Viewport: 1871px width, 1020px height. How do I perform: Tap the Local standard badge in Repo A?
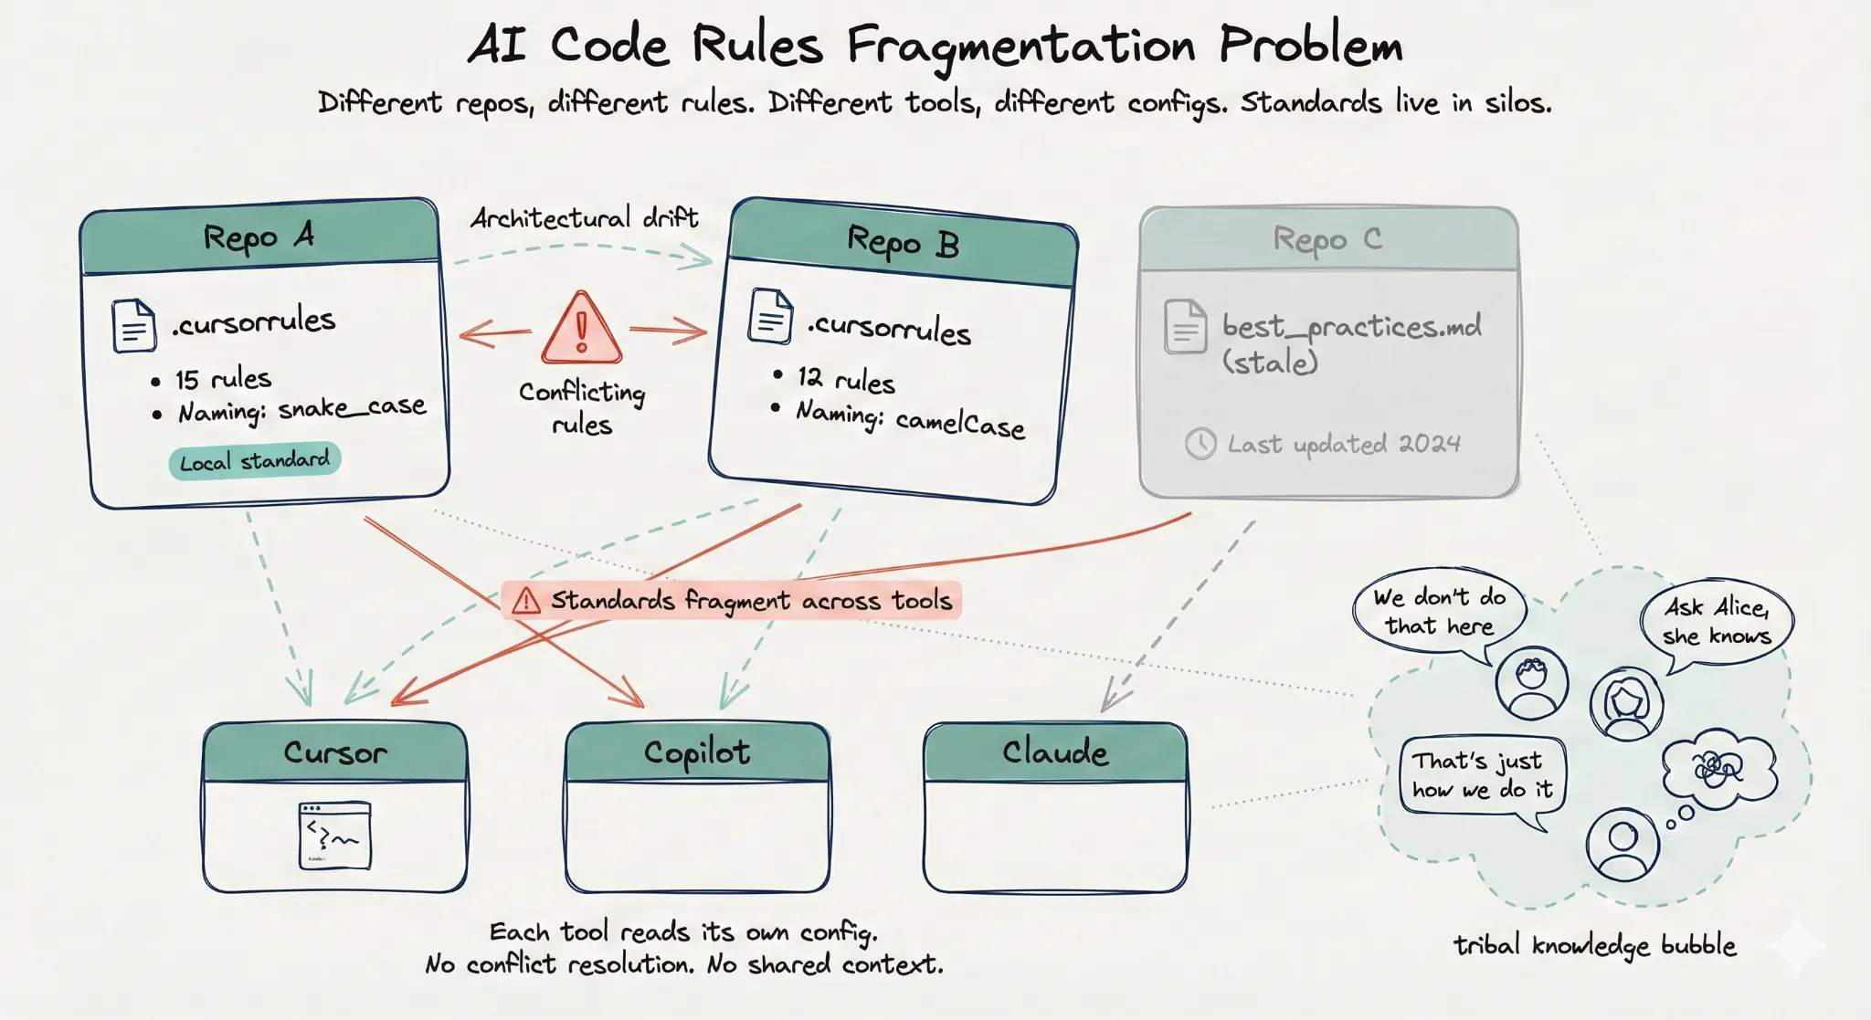pos(254,460)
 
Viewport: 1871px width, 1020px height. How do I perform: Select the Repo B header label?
pos(903,243)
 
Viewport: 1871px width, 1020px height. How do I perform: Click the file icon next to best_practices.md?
pos(1185,326)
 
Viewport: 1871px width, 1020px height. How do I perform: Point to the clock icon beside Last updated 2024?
pos(1200,444)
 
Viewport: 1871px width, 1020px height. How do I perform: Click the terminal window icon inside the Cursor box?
pos(334,835)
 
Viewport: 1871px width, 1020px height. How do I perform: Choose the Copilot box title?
pos(697,752)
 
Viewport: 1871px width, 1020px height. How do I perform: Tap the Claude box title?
pos(1055,752)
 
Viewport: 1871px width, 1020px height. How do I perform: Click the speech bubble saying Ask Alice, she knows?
pos(1717,621)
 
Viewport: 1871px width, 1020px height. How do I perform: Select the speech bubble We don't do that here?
pos(1440,611)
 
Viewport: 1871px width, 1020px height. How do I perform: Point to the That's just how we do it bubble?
pos(1482,775)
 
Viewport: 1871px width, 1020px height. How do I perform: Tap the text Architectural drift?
pos(584,218)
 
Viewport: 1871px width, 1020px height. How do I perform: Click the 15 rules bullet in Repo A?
pos(223,379)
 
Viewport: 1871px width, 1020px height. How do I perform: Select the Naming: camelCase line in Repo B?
pos(910,419)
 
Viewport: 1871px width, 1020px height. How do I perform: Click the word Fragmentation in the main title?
pos(1020,46)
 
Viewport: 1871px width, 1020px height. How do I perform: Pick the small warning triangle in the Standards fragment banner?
pos(526,601)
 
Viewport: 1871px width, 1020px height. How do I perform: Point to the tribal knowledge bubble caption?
pos(1594,945)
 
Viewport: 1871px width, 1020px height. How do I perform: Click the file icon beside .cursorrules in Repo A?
pos(133,326)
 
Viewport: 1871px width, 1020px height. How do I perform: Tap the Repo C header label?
pos(1327,239)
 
